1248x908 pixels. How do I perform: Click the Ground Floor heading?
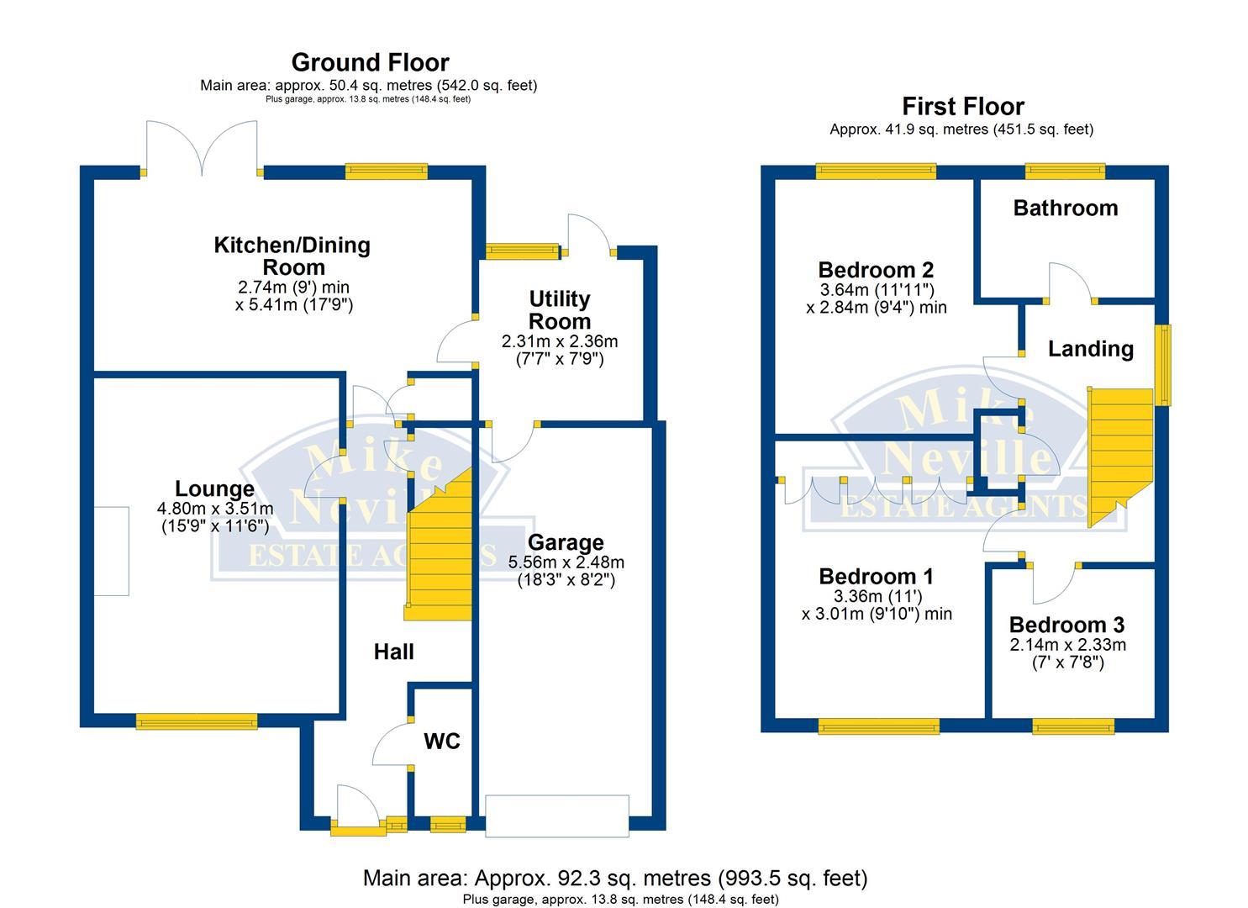(x=370, y=62)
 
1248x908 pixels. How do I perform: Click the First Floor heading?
(x=962, y=107)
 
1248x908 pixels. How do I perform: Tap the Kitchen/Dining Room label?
(x=292, y=256)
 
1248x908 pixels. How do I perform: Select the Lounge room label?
(x=214, y=488)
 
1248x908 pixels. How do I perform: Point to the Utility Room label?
(x=560, y=310)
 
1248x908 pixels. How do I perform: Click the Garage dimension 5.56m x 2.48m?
(x=566, y=562)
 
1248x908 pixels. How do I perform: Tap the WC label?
(x=441, y=741)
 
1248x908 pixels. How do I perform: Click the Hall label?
(x=393, y=652)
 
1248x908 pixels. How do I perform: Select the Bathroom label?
(x=1065, y=208)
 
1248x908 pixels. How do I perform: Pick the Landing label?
(x=1090, y=348)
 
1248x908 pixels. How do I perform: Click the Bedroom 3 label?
(x=1066, y=625)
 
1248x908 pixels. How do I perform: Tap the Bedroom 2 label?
(x=876, y=270)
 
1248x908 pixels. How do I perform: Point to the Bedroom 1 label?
(x=876, y=576)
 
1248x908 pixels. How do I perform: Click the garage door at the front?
(x=556, y=816)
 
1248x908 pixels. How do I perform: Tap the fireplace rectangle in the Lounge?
(x=111, y=551)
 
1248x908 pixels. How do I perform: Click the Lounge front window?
(x=197, y=721)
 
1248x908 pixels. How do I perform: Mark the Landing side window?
(x=1163, y=365)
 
